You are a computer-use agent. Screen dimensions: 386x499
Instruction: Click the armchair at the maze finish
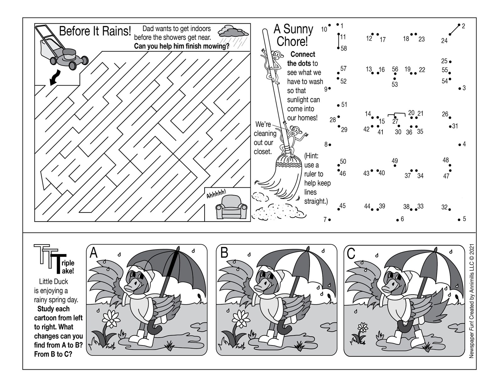coord(231,207)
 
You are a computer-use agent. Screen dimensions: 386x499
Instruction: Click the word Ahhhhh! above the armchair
coord(216,194)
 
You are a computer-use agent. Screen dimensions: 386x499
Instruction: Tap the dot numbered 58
coord(338,48)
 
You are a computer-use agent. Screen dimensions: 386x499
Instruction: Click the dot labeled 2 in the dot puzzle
coord(459,25)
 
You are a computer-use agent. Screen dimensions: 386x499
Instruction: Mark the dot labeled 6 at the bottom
coord(398,220)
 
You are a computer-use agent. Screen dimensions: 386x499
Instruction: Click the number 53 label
coord(395,85)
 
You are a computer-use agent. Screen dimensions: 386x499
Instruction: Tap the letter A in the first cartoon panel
coord(94,253)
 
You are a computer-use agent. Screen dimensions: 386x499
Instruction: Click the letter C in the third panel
coord(351,254)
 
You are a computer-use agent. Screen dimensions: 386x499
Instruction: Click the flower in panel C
coord(363,328)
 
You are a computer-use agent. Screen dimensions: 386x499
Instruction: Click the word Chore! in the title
coord(292,41)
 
